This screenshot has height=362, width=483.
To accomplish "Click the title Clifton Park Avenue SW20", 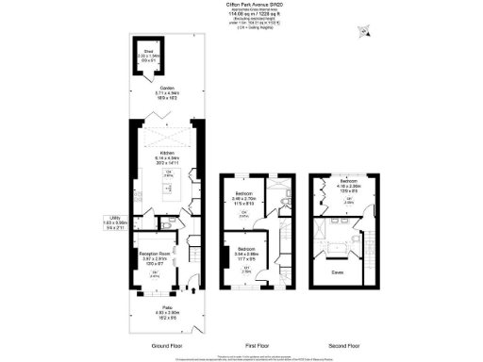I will click(254, 5).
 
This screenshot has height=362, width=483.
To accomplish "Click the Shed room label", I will click(146, 53).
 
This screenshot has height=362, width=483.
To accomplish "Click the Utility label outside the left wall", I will click(115, 222).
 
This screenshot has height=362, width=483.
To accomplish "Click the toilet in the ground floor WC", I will click(167, 227).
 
